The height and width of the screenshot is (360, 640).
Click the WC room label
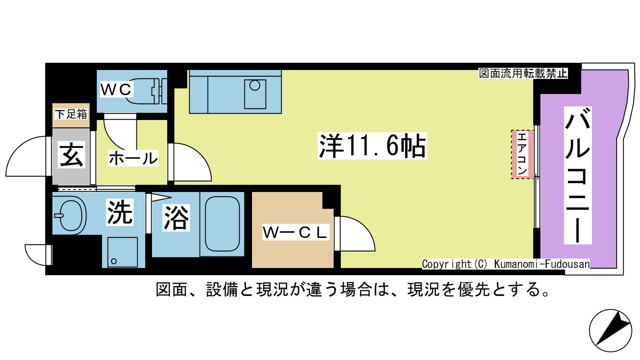tap(116, 89)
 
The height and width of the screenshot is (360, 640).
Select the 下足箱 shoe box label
tap(71, 114)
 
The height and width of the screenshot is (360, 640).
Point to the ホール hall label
tap(133, 158)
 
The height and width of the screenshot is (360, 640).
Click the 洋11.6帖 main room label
tap(372, 146)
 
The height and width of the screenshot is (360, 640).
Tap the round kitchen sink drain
tap(254, 85)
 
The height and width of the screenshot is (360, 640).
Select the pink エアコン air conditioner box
tap(522, 154)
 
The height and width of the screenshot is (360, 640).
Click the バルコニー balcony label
tap(578, 175)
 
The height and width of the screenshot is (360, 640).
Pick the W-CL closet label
tap(296, 232)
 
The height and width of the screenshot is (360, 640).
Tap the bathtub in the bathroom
tap(222, 224)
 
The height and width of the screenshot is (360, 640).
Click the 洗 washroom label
tap(120, 212)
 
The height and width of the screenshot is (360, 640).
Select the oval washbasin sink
tap(70, 216)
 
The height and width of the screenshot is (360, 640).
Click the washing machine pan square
tap(122, 252)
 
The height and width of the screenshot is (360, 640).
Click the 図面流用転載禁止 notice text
tap(523, 74)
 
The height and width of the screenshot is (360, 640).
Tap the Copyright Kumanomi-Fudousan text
tap(506, 264)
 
